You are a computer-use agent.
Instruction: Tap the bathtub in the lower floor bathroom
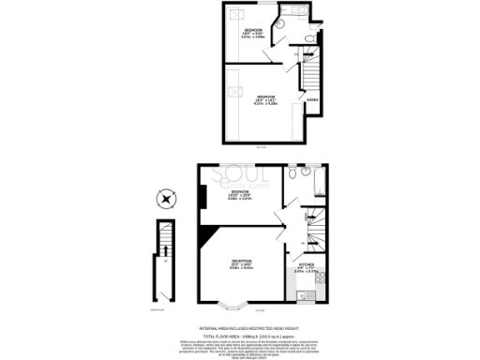[x=317, y=180]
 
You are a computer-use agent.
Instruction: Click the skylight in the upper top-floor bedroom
[x=238, y=13]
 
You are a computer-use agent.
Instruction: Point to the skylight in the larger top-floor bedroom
[x=238, y=92]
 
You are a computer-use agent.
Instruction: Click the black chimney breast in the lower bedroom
[x=202, y=198]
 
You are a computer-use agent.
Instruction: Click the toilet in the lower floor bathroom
[x=293, y=175]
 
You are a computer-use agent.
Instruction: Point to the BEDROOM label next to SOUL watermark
[x=240, y=195]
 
